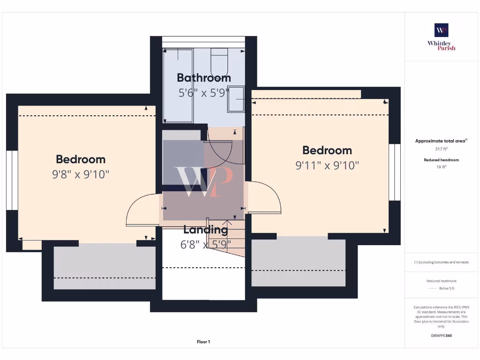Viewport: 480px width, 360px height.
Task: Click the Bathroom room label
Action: [x=203, y=78]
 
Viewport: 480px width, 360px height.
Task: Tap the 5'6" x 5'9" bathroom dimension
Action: [x=203, y=93]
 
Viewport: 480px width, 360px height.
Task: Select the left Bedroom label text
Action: [x=81, y=159]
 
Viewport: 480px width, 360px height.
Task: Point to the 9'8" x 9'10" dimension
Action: [x=81, y=174]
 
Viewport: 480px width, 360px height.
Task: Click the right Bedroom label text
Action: [x=327, y=150]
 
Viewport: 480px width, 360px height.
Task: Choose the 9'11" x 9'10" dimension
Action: [x=327, y=165]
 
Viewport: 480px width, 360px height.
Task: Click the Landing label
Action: [x=205, y=230]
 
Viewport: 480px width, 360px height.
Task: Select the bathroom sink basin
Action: [x=236, y=99]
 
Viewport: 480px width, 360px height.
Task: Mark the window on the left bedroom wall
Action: [x=12, y=180]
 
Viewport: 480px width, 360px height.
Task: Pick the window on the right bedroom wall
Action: [x=395, y=172]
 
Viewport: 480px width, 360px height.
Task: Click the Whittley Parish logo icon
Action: [x=441, y=30]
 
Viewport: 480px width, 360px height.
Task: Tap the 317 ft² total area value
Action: [x=441, y=149]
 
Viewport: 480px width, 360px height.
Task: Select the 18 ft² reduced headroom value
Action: [x=441, y=166]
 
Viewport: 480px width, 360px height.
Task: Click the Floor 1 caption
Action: [x=203, y=342]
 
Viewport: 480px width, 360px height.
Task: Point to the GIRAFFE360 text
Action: [x=441, y=336]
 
